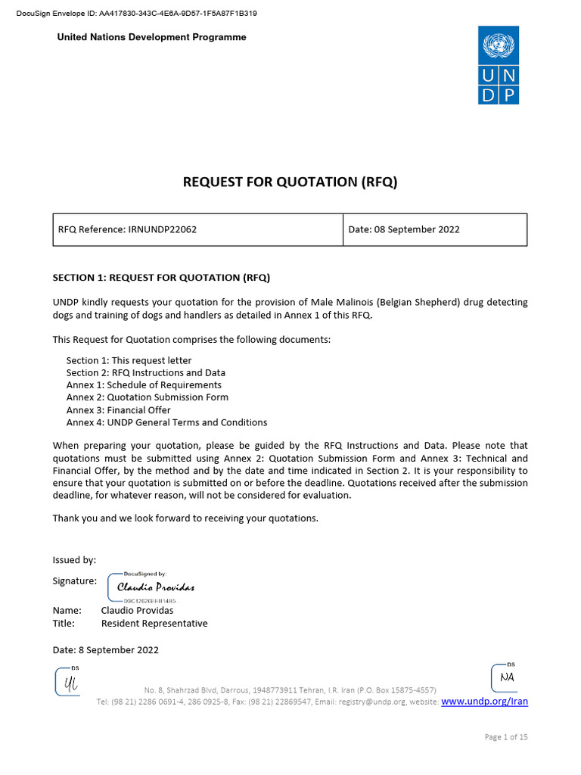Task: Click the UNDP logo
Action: click(499, 65)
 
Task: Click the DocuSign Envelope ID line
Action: click(136, 13)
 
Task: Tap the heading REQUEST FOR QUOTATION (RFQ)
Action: click(290, 182)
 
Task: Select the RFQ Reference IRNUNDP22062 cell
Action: click(127, 229)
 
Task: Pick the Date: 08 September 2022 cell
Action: click(404, 229)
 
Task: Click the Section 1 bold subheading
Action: click(161, 277)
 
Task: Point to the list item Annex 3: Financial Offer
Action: click(118, 410)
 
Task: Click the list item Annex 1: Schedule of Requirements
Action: click(144, 385)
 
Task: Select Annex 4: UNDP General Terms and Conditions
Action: click(166, 422)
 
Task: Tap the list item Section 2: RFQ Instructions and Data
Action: click(145, 372)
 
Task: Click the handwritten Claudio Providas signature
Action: click(155, 587)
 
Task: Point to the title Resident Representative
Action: click(154, 624)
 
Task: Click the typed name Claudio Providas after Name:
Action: click(137, 610)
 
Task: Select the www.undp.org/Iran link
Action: click(484, 702)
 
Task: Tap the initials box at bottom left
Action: click(68, 682)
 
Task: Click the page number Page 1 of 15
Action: click(505, 737)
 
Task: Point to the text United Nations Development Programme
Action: click(152, 38)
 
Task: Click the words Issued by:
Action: click(74, 560)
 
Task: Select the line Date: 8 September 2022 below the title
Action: click(105, 649)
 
